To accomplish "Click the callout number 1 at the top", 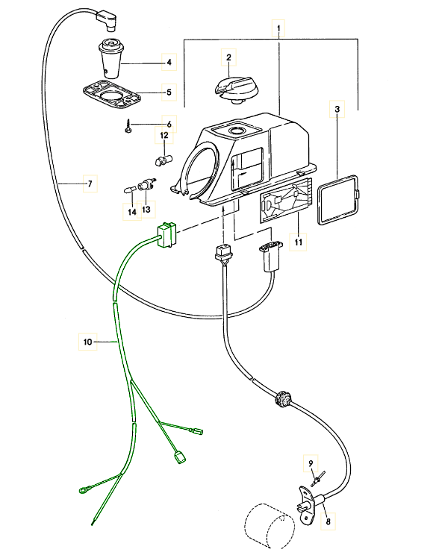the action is pyautogui.click(x=278, y=28).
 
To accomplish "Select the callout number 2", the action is pyautogui.click(x=228, y=57).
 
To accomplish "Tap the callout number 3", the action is pyautogui.click(x=337, y=109).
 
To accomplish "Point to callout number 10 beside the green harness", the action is pyautogui.click(x=88, y=342).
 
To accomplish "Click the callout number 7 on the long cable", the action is pyautogui.click(x=90, y=184).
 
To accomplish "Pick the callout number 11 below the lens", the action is pyautogui.click(x=298, y=242).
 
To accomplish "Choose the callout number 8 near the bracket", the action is pyautogui.click(x=328, y=521).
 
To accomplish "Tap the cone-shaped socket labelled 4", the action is pyautogui.click(x=110, y=58).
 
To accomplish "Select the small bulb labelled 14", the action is pyautogui.click(x=129, y=190).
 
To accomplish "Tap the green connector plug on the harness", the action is pyautogui.click(x=166, y=235).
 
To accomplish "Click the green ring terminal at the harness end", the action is pyautogui.click(x=84, y=491).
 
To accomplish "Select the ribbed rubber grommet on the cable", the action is pyautogui.click(x=283, y=399).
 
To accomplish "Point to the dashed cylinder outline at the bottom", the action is pyautogui.click(x=270, y=527).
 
